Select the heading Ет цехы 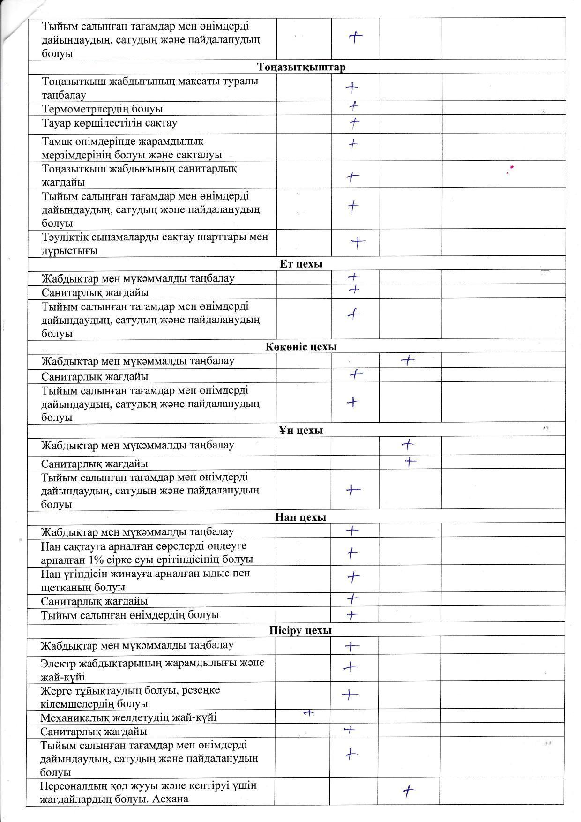(301, 264)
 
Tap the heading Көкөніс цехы (301, 347)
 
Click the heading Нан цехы (300, 517)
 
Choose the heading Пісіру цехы (300, 630)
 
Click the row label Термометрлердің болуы (103, 109)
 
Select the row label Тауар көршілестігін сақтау (110, 123)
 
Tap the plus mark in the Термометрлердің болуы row (354, 106)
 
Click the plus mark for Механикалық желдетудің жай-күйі (308, 713)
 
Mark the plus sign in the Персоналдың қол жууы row (409, 792)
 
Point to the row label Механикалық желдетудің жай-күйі (128, 717)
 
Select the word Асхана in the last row (171, 799)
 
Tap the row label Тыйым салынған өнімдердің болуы (130, 614)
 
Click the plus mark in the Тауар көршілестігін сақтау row (355, 123)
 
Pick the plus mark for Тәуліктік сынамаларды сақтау (358, 242)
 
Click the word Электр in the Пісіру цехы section (57, 663)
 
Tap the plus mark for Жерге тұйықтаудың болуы (350, 695)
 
